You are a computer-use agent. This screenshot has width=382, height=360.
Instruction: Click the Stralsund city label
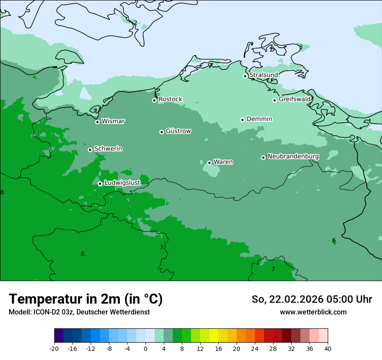(263, 75)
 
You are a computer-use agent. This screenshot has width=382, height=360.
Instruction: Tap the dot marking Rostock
(154, 100)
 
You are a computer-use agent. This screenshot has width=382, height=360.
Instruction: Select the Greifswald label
(294, 99)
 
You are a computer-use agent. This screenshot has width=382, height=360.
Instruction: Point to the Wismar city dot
(98, 122)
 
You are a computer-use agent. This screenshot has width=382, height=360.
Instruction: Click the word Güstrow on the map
(178, 131)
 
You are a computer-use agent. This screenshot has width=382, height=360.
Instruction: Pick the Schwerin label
(108, 149)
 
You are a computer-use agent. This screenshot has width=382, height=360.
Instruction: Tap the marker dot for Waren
(209, 163)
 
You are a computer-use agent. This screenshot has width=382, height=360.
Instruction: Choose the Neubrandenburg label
(293, 157)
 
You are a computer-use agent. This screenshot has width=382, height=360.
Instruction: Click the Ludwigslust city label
(122, 183)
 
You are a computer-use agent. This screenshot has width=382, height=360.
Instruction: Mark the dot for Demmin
(242, 120)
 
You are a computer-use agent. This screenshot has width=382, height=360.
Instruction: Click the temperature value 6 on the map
(334, 241)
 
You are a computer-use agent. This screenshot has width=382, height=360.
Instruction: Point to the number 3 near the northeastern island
(301, 47)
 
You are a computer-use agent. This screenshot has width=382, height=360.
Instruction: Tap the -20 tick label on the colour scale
(54, 348)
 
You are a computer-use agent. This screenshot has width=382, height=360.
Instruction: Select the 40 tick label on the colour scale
(328, 348)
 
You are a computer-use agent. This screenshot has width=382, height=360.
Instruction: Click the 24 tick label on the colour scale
(255, 348)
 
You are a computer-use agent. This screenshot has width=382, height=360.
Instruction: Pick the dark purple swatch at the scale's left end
(59, 336)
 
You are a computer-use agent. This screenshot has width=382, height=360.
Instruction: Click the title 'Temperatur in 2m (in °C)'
(86, 299)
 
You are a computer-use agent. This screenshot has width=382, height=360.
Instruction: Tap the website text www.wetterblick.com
(313, 312)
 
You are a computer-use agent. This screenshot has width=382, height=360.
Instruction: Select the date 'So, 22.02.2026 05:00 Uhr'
(312, 299)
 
